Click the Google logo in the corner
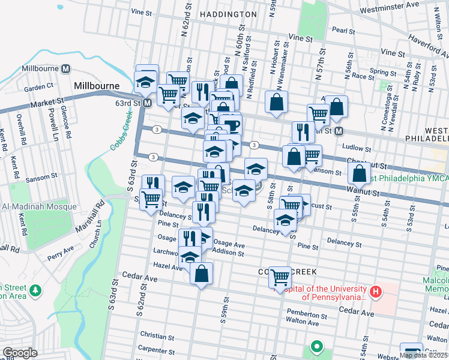tap(20, 353)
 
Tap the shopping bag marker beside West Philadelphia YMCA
tap(358, 173)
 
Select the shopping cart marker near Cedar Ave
tap(280, 277)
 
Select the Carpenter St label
tap(155, 349)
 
